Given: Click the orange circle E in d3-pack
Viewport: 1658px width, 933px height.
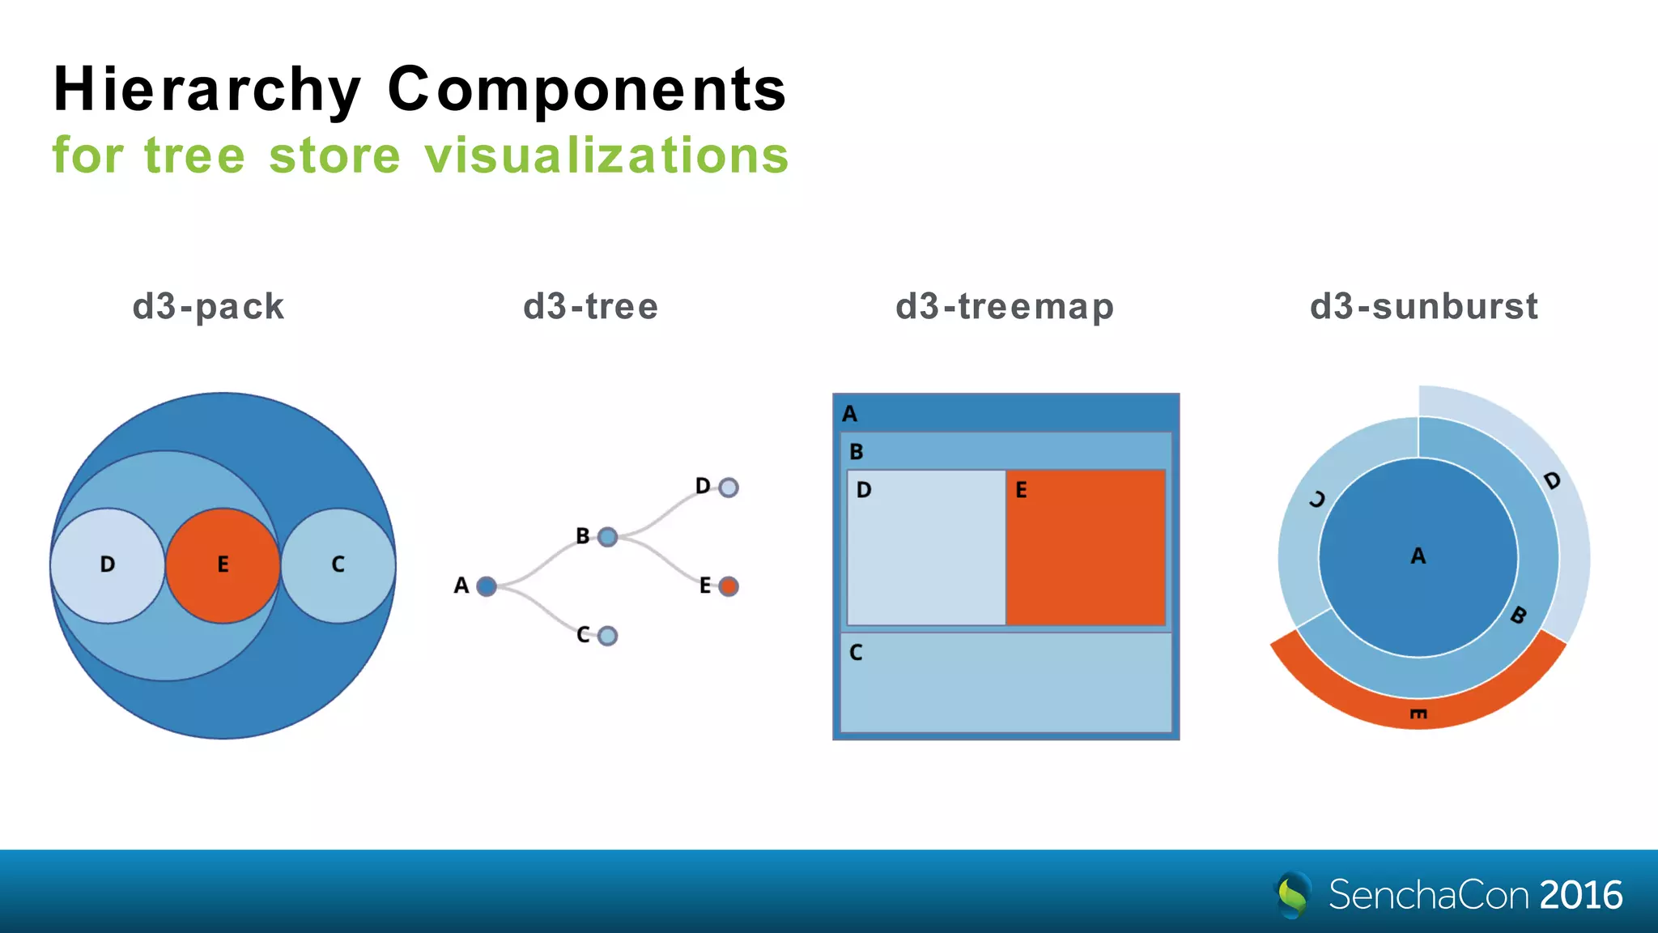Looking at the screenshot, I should pos(223,565).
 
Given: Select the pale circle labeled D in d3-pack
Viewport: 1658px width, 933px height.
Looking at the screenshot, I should pos(108,565).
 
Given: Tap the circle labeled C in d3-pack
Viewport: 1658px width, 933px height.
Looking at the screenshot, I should pos(338,565).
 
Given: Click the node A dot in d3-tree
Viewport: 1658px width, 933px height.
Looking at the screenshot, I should pos(487,586).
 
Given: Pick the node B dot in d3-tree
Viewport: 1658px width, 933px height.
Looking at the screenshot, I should pos(608,537).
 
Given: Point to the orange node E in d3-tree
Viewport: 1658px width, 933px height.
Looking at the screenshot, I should pos(729,586).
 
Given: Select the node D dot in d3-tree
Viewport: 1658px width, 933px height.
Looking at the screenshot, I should pos(729,488).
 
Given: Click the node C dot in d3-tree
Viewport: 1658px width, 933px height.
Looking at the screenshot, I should pos(608,637).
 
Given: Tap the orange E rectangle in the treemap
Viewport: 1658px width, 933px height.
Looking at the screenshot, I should pos(1086,547).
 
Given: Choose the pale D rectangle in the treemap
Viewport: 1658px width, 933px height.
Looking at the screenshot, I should pos(926,547).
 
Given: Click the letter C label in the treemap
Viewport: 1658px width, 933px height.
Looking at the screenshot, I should pos(856,653).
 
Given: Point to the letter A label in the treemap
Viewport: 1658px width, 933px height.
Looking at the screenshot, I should pos(849,414).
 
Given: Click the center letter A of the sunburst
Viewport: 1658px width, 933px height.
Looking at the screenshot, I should pos(1418,556).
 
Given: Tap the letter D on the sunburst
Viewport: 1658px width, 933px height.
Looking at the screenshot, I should pos(1552,481).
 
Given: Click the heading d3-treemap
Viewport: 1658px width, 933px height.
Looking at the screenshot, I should pos(1005,307).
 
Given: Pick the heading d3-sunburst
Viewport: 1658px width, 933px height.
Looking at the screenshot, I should pos(1424,307).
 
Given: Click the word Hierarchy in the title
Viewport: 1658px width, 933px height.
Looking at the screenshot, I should pos(206,89).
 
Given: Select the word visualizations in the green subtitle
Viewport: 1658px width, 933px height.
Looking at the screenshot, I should pos(606,155).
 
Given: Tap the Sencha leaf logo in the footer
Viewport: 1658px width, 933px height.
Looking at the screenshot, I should pos(1293,894).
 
